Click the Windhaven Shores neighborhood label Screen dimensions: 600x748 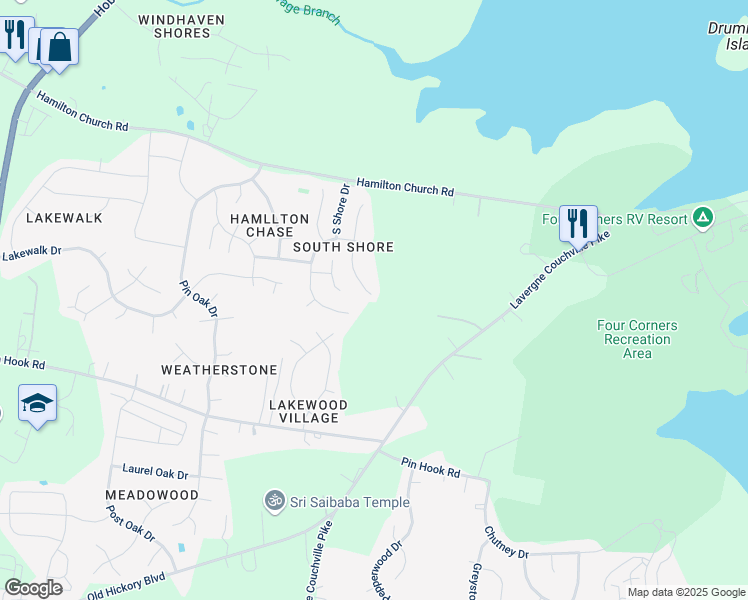(181, 26)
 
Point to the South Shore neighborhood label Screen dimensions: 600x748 (343, 247)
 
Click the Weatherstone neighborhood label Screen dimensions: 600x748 (219, 370)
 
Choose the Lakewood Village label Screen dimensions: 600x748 (308, 411)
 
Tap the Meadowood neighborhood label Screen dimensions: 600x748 (152, 495)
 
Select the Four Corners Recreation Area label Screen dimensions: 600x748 (637, 339)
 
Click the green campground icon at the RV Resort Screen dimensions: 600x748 (703, 217)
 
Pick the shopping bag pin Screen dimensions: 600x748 (59, 46)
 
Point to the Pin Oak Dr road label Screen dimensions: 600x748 (198, 298)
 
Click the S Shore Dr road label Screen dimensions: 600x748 (340, 208)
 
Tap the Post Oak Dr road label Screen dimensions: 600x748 (131, 523)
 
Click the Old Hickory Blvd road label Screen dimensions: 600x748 (125, 584)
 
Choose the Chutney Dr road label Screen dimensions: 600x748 (506, 544)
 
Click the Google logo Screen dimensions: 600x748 (33, 588)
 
